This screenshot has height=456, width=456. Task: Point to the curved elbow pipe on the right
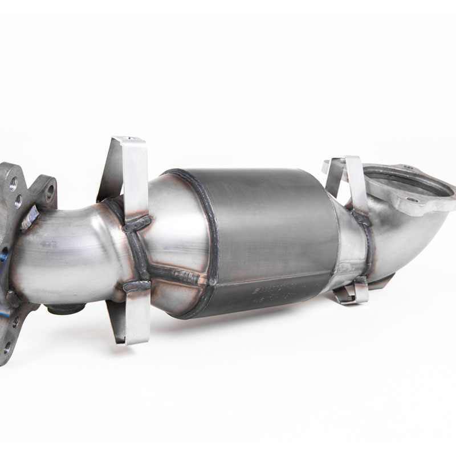pyautogui.click(x=410, y=239)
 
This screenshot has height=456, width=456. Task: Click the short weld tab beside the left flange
pyautogui.click(x=30, y=217)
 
